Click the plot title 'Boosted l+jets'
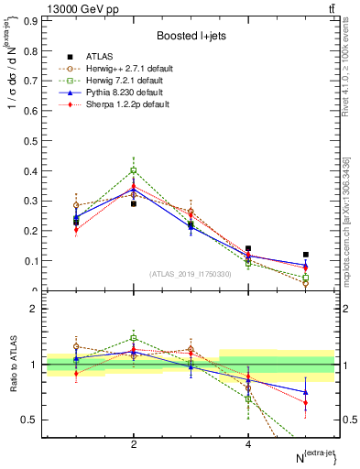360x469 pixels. [190, 36]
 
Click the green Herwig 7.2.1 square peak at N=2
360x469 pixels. [134, 170]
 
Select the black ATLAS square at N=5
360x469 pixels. [306, 255]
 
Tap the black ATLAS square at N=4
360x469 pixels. [248, 248]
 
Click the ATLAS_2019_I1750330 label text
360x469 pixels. [190, 274]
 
